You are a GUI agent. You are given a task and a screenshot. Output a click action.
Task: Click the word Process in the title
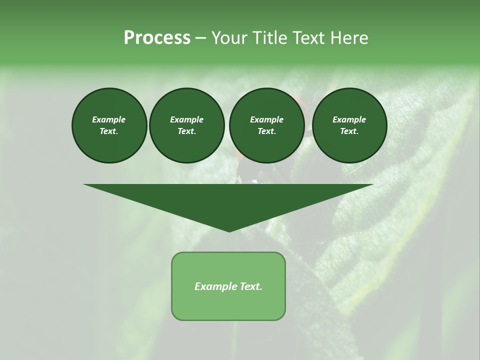pos(157,38)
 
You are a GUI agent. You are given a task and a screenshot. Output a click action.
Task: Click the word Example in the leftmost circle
pos(109,119)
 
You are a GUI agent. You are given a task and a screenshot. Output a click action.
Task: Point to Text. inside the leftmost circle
pos(109,131)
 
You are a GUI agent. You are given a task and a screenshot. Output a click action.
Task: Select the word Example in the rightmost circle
pos(349,119)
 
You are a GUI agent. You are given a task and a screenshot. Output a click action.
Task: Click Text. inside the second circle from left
pos(187,131)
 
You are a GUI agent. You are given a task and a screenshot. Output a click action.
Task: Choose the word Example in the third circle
pos(267,119)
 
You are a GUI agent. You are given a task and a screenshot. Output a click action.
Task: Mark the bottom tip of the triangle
pos(229,231)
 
